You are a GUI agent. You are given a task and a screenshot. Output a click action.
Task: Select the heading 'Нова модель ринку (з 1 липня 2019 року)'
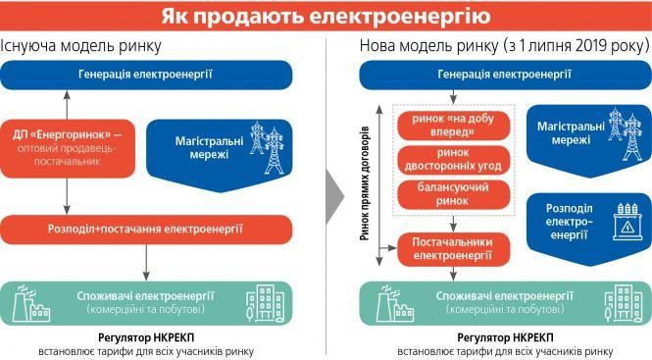[x=504, y=46]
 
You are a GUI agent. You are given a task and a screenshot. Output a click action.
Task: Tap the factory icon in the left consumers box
[x=30, y=304]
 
